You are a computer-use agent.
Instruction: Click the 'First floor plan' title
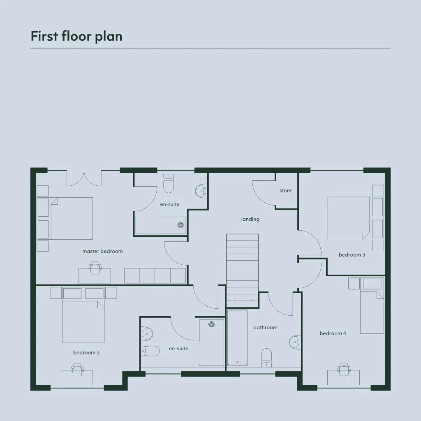tap(76, 36)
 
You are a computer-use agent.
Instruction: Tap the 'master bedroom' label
tap(102, 251)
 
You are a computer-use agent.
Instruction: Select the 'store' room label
tap(285, 190)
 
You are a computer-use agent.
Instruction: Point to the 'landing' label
tap(250, 219)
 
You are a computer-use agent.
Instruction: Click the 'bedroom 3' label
tap(352, 254)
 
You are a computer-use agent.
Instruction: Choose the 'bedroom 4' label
tap(333, 333)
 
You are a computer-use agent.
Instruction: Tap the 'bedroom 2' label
tap(86, 352)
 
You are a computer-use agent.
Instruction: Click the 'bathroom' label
tap(265, 327)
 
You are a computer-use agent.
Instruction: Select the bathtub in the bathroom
tap(237, 338)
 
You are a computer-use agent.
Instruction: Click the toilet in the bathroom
tap(266, 357)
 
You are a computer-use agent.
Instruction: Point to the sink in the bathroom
tap(295, 342)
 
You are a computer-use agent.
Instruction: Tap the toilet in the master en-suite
tap(169, 183)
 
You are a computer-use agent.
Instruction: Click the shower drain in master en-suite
tap(181, 225)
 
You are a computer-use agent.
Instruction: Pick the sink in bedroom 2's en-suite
tap(147, 334)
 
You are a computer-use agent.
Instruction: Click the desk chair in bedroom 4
tap(344, 370)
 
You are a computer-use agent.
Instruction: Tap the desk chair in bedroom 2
tap(77, 370)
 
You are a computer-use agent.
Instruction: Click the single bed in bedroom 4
tap(372, 305)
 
